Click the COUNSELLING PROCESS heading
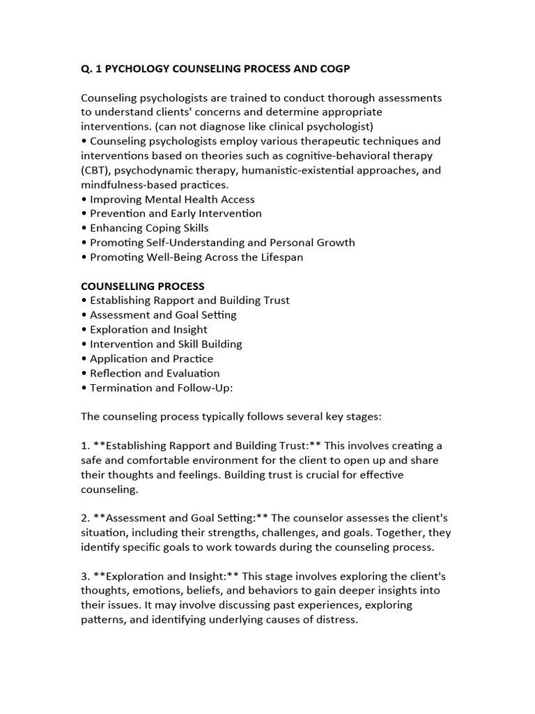(x=143, y=286)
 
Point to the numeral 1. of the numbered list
(x=85, y=446)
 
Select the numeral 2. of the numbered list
(x=85, y=518)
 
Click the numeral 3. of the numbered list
(x=85, y=577)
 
